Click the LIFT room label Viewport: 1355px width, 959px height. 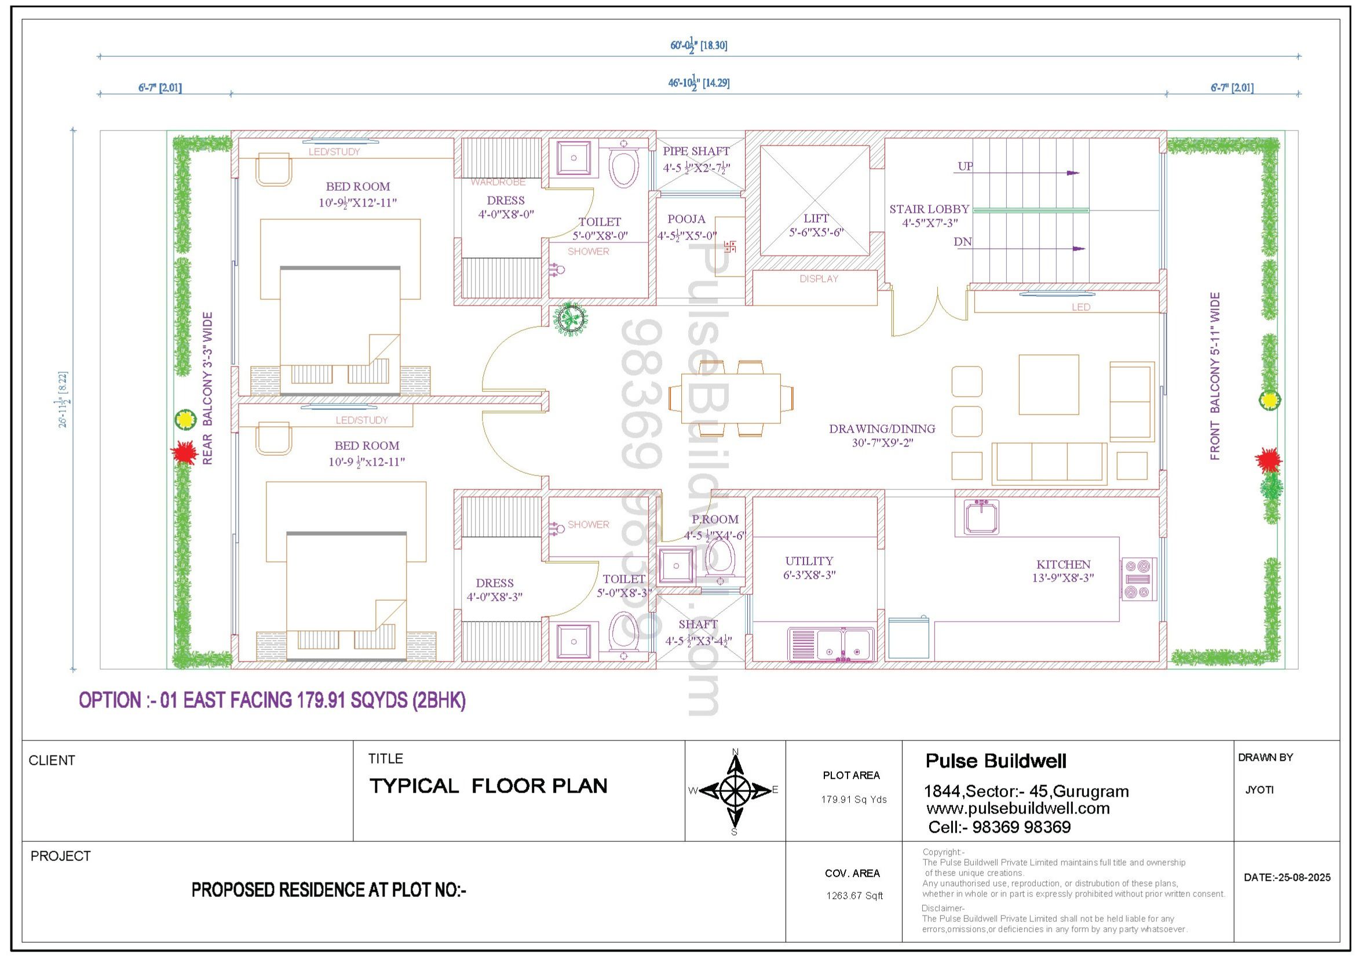click(x=816, y=219)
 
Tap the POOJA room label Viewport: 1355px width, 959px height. click(x=686, y=219)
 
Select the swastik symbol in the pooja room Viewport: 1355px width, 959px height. click(x=729, y=246)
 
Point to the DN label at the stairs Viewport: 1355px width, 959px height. click(x=962, y=242)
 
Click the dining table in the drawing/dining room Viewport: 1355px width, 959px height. click(x=731, y=398)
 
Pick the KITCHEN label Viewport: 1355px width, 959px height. click(x=1063, y=565)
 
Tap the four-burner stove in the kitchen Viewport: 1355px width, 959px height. click(x=1138, y=579)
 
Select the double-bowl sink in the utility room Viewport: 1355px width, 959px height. click(x=831, y=644)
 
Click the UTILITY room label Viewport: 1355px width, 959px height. click(x=809, y=561)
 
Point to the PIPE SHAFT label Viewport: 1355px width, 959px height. click(x=696, y=151)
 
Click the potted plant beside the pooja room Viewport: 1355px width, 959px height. click(x=571, y=319)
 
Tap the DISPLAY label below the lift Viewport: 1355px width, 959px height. click(x=819, y=279)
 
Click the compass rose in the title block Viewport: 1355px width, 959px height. click(x=735, y=790)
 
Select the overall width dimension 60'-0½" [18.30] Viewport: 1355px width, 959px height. click(x=699, y=45)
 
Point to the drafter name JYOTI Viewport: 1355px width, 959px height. click(x=1259, y=790)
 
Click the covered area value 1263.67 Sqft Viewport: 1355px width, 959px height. click(x=854, y=896)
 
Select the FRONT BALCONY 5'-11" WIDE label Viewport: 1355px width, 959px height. click(x=1215, y=376)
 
